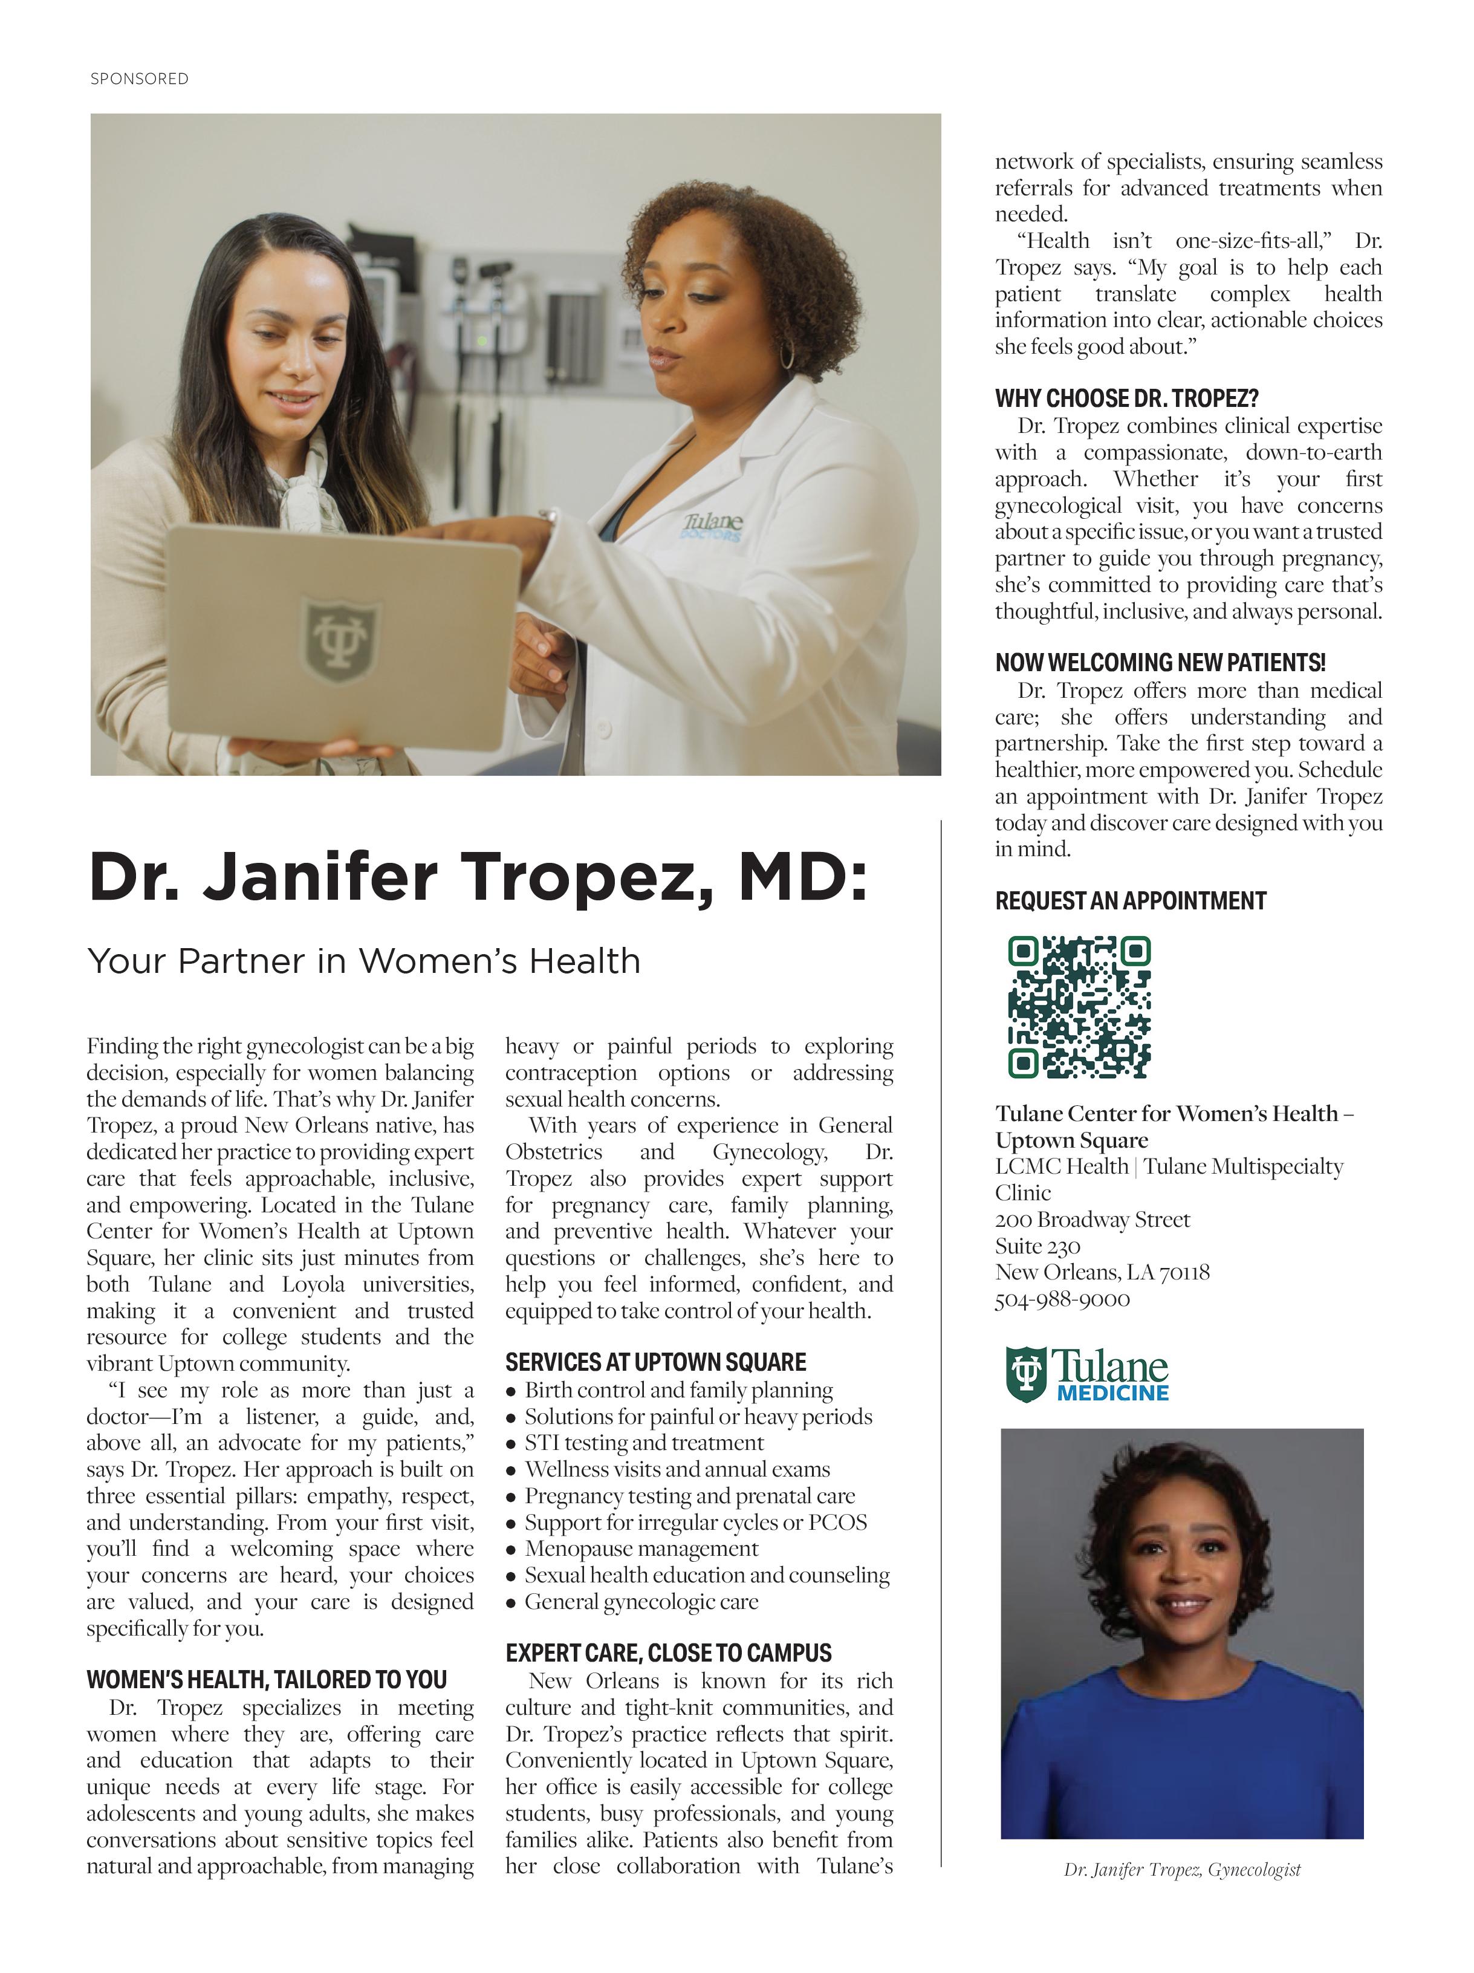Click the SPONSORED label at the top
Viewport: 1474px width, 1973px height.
(x=139, y=79)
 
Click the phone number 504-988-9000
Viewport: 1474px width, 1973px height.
(x=1062, y=1299)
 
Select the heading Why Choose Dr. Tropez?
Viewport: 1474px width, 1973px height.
(x=1126, y=398)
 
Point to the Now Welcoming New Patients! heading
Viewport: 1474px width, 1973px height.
(x=1159, y=663)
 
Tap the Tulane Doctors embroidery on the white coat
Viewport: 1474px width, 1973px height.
(x=712, y=525)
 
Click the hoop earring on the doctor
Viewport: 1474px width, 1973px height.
(x=787, y=353)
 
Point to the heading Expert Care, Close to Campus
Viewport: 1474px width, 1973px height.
(x=668, y=1653)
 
